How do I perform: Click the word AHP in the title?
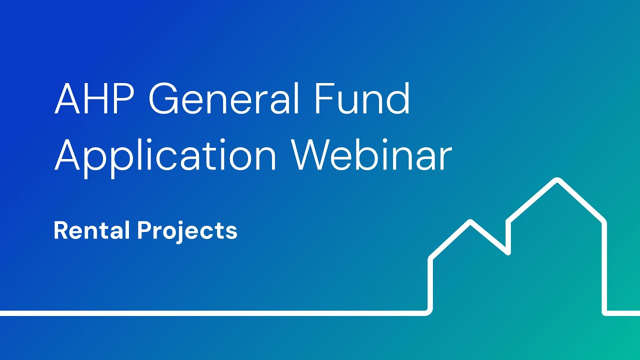(94, 99)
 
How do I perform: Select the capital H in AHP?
(99, 99)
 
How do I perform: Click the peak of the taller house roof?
(556, 180)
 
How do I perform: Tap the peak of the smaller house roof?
(470, 222)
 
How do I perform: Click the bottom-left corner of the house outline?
(429, 312)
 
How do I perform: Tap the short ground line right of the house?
(623, 313)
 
